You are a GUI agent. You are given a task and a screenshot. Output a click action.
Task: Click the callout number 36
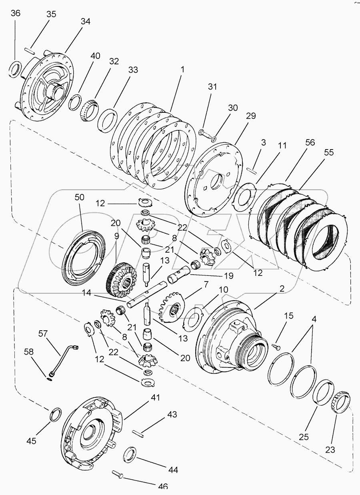pos(15,13)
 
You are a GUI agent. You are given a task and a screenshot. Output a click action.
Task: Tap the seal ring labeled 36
pos(15,68)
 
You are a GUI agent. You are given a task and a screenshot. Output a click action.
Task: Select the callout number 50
pos(80,197)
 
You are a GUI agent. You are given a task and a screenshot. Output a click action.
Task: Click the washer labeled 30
pos(214,139)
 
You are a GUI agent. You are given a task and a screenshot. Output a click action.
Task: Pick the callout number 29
pos(251,116)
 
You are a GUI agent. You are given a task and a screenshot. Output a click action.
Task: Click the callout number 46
pos(162,486)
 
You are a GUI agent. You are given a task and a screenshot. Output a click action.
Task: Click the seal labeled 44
pos(130,454)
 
